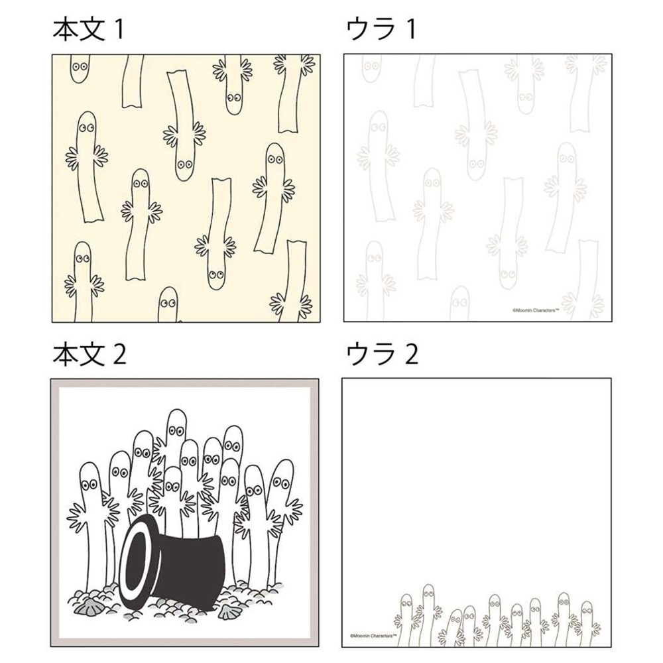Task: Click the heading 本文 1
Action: [88, 30]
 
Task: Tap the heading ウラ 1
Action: [381, 30]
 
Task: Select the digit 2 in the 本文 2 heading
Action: [119, 354]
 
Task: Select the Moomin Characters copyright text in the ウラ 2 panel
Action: [373, 635]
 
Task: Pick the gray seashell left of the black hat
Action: [84, 608]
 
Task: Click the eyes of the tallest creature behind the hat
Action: [176, 430]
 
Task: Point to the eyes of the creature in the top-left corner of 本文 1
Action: [80, 66]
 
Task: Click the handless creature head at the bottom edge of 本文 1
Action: [168, 304]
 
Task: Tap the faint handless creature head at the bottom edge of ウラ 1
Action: [459, 304]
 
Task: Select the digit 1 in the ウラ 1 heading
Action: [410, 30]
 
